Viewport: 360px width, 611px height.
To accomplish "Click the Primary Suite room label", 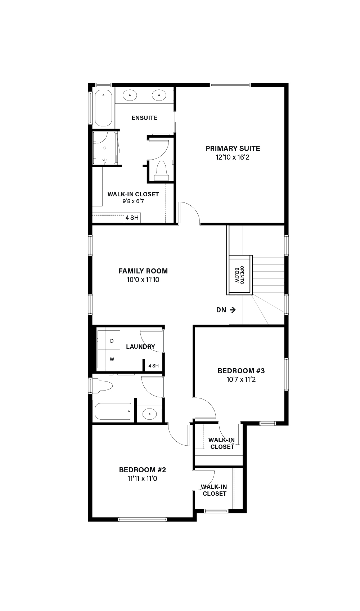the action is pos(233,149).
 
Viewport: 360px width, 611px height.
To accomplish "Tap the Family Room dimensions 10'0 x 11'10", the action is pos(143,280).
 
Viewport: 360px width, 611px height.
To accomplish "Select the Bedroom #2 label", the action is pos(143,470).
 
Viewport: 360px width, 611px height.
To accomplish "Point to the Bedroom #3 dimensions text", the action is pos(241,379).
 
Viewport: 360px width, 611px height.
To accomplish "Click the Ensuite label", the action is pos(144,118).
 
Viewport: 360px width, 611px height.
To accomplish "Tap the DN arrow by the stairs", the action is pos(233,310).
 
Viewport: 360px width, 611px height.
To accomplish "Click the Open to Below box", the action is pos(239,275).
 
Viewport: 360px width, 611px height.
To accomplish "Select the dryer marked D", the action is pos(109,340).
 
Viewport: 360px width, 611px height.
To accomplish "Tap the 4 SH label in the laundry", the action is pos(153,366).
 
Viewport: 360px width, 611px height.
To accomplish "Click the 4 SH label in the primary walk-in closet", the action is pos(132,218).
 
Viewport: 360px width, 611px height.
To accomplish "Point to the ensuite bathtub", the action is pos(103,108).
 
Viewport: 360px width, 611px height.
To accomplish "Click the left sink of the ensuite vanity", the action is pos(130,95).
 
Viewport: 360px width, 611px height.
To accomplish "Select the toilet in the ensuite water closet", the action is pos(161,171).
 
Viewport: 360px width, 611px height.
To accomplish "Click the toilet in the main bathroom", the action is pos(103,386).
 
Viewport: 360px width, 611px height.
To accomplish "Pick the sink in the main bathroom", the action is pos(150,414).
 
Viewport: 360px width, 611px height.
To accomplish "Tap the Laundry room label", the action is pos(140,347).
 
